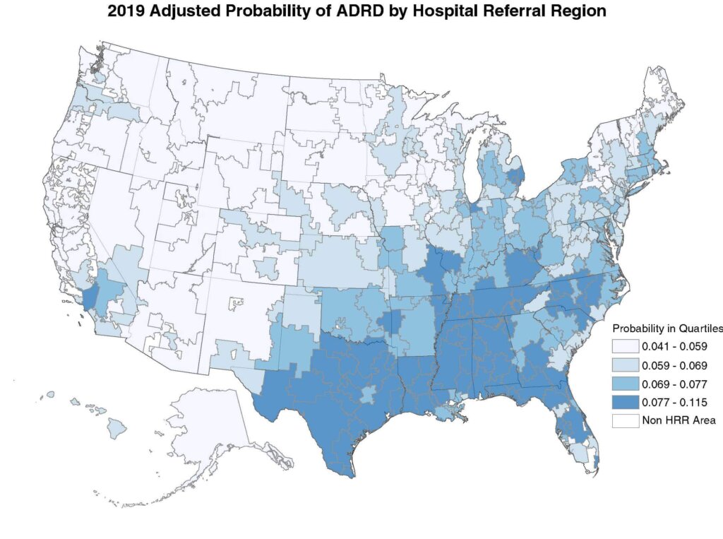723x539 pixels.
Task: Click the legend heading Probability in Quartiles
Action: pos(667,328)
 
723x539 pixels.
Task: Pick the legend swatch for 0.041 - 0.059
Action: pos(624,347)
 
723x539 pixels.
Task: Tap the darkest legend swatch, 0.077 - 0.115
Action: pos(624,402)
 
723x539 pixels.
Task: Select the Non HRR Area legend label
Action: pos(679,420)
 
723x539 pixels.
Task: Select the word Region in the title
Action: pos(573,11)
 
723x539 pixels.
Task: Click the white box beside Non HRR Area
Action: pos(624,420)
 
